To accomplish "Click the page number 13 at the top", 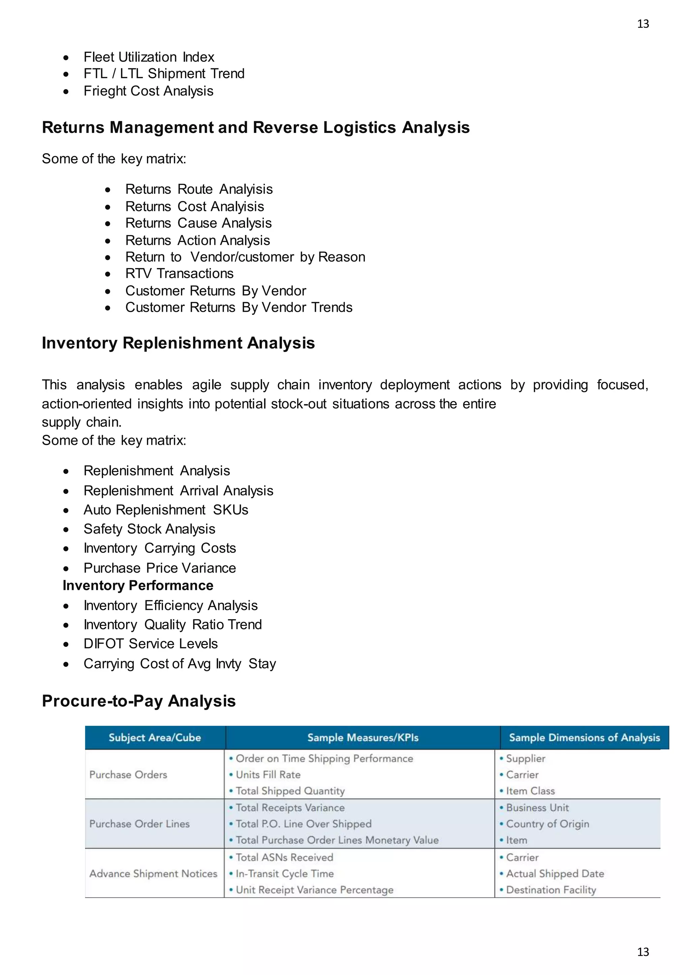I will (643, 24).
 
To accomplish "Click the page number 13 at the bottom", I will (643, 952).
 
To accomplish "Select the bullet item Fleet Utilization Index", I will (149, 57).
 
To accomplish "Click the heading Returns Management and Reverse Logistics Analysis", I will (255, 127).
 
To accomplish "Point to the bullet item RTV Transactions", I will (179, 273).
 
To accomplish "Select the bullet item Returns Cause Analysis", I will (198, 223).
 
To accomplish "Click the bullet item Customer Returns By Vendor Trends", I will (239, 307).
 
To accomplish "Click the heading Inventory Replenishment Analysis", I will (178, 343).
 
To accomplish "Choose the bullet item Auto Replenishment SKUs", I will (166, 510).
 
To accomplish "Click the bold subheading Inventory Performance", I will (138, 585).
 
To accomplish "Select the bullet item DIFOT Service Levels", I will (150, 644).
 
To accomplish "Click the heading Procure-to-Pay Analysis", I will (138, 701).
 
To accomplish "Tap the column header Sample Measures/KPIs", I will (363, 738).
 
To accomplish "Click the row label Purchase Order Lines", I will (139, 824).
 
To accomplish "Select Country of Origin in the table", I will (547, 824).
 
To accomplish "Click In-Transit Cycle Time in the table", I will (284, 874).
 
